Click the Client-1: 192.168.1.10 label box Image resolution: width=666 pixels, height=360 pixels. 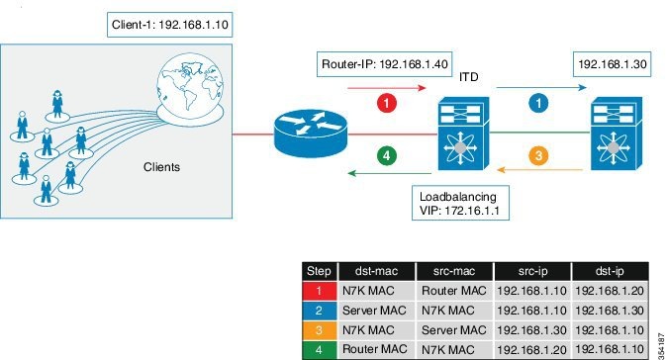point(170,25)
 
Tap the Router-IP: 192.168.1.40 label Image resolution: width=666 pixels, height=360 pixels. point(384,64)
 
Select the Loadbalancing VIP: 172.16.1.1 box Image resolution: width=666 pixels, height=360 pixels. point(460,203)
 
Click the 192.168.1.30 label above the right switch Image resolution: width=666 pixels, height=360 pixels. point(612,64)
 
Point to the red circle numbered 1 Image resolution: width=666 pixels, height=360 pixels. point(387,103)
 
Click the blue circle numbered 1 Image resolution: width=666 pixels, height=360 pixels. point(538,103)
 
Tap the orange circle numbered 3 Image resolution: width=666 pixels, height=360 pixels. point(538,155)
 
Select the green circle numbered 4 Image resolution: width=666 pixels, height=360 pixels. point(387,155)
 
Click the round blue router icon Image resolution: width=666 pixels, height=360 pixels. point(311,134)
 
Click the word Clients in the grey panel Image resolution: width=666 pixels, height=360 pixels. point(161,167)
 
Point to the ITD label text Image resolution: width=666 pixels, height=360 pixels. point(469,77)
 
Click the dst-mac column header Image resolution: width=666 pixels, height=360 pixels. point(377,271)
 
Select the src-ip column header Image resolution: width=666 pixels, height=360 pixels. point(532,271)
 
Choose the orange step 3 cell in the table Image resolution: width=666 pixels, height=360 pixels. point(319,330)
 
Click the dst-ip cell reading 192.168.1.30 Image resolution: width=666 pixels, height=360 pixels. point(610,311)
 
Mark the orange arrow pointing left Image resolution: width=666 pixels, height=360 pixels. point(539,170)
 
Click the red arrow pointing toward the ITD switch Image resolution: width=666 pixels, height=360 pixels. point(387,88)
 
